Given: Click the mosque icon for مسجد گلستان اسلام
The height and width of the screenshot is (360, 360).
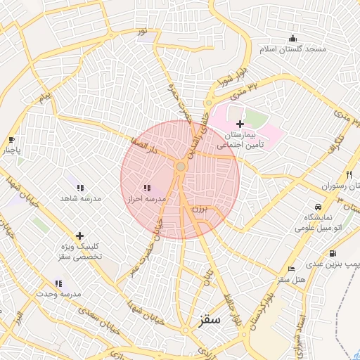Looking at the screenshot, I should [x=293, y=38].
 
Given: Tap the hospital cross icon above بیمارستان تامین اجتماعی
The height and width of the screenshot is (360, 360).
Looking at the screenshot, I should [x=240, y=123].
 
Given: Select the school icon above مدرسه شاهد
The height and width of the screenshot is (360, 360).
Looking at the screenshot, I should [x=80, y=188].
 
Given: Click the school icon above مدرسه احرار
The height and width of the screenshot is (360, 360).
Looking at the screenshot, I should [x=146, y=188].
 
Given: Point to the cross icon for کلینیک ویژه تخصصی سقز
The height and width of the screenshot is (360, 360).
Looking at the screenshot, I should [x=79, y=236].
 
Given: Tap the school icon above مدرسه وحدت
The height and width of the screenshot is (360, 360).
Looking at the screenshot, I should [x=59, y=283].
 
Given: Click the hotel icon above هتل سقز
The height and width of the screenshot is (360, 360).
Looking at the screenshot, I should [x=291, y=269].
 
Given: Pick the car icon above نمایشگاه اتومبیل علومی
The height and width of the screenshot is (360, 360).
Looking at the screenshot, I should [x=319, y=207].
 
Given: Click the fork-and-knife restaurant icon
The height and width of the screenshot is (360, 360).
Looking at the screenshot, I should [x=349, y=174].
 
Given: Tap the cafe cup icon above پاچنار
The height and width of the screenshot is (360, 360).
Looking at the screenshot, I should [x=11, y=139].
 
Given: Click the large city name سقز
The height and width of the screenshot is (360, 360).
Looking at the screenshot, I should [x=209, y=320].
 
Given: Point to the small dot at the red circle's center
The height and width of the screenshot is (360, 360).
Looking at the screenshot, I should [x=181, y=166].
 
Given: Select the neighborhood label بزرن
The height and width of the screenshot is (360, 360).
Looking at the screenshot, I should [x=201, y=209].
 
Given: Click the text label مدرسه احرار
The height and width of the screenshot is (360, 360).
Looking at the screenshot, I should [x=146, y=200].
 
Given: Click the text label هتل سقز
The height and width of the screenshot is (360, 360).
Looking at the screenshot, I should [x=291, y=280].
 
